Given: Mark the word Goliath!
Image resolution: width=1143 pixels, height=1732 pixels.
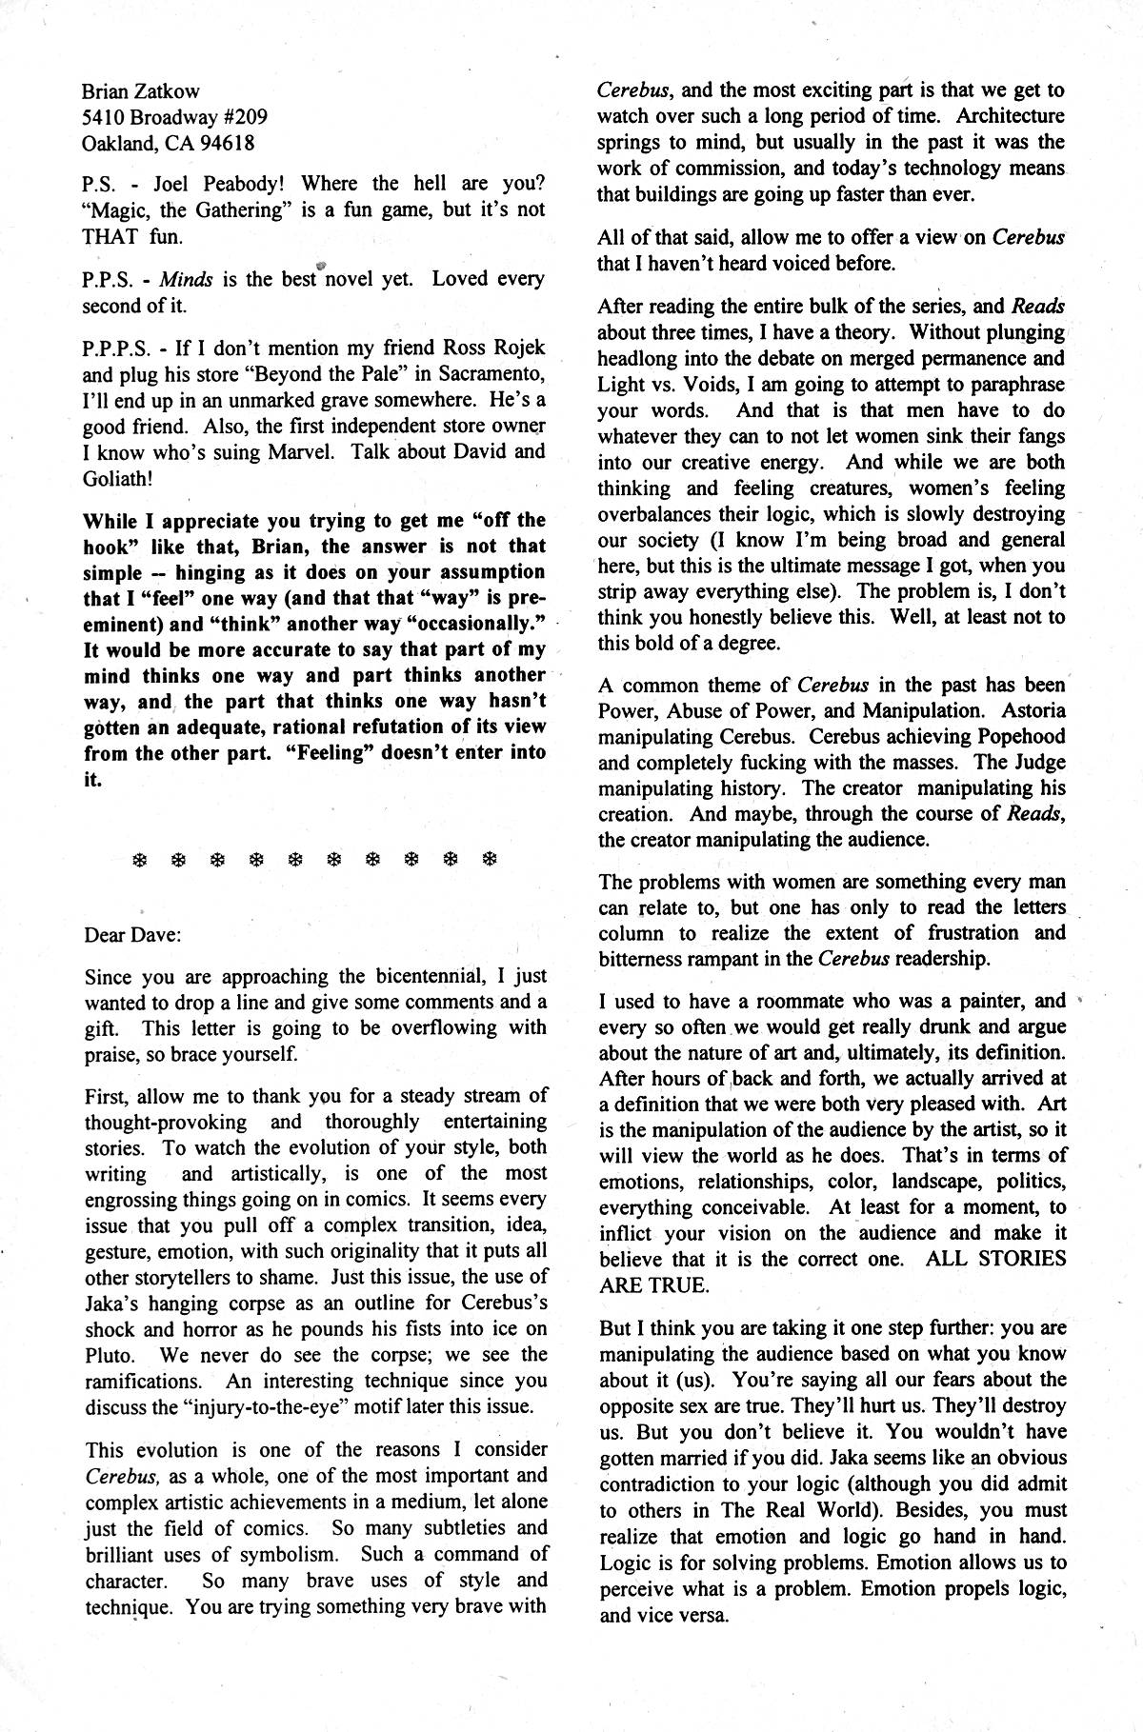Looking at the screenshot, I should [118, 478].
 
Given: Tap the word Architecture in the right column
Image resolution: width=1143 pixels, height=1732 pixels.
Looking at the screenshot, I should [1010, 117].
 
